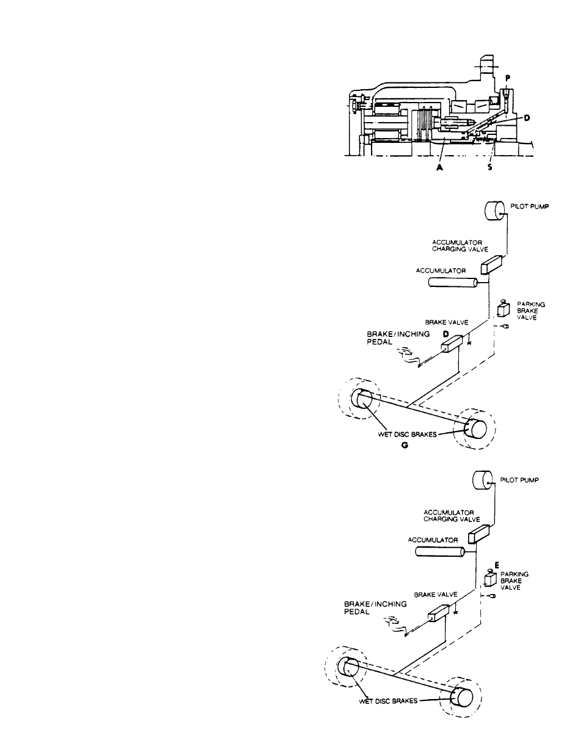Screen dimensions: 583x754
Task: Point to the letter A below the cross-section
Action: [x=439, y=168]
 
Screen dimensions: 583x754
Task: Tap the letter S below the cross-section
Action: [x=490, y=168]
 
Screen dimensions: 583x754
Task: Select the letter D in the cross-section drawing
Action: [x=527, y=118]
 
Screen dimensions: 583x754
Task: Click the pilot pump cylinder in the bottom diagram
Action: [x=483, y=481]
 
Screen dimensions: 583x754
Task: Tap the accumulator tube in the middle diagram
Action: [x=453, y=283]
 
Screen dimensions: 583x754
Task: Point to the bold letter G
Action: [x=405, y=445]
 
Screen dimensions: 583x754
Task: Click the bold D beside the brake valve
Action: [x=446, y=334]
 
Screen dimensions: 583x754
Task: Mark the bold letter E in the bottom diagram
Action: [x=497, y=565]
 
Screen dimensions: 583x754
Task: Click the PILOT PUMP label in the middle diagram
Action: [x=529, y=206]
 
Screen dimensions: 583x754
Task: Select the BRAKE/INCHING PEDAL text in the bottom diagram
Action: [x=375, y=607]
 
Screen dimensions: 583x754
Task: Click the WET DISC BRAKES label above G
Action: [x=407, y=435]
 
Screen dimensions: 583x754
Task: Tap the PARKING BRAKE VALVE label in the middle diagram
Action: [x=531, y=311]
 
